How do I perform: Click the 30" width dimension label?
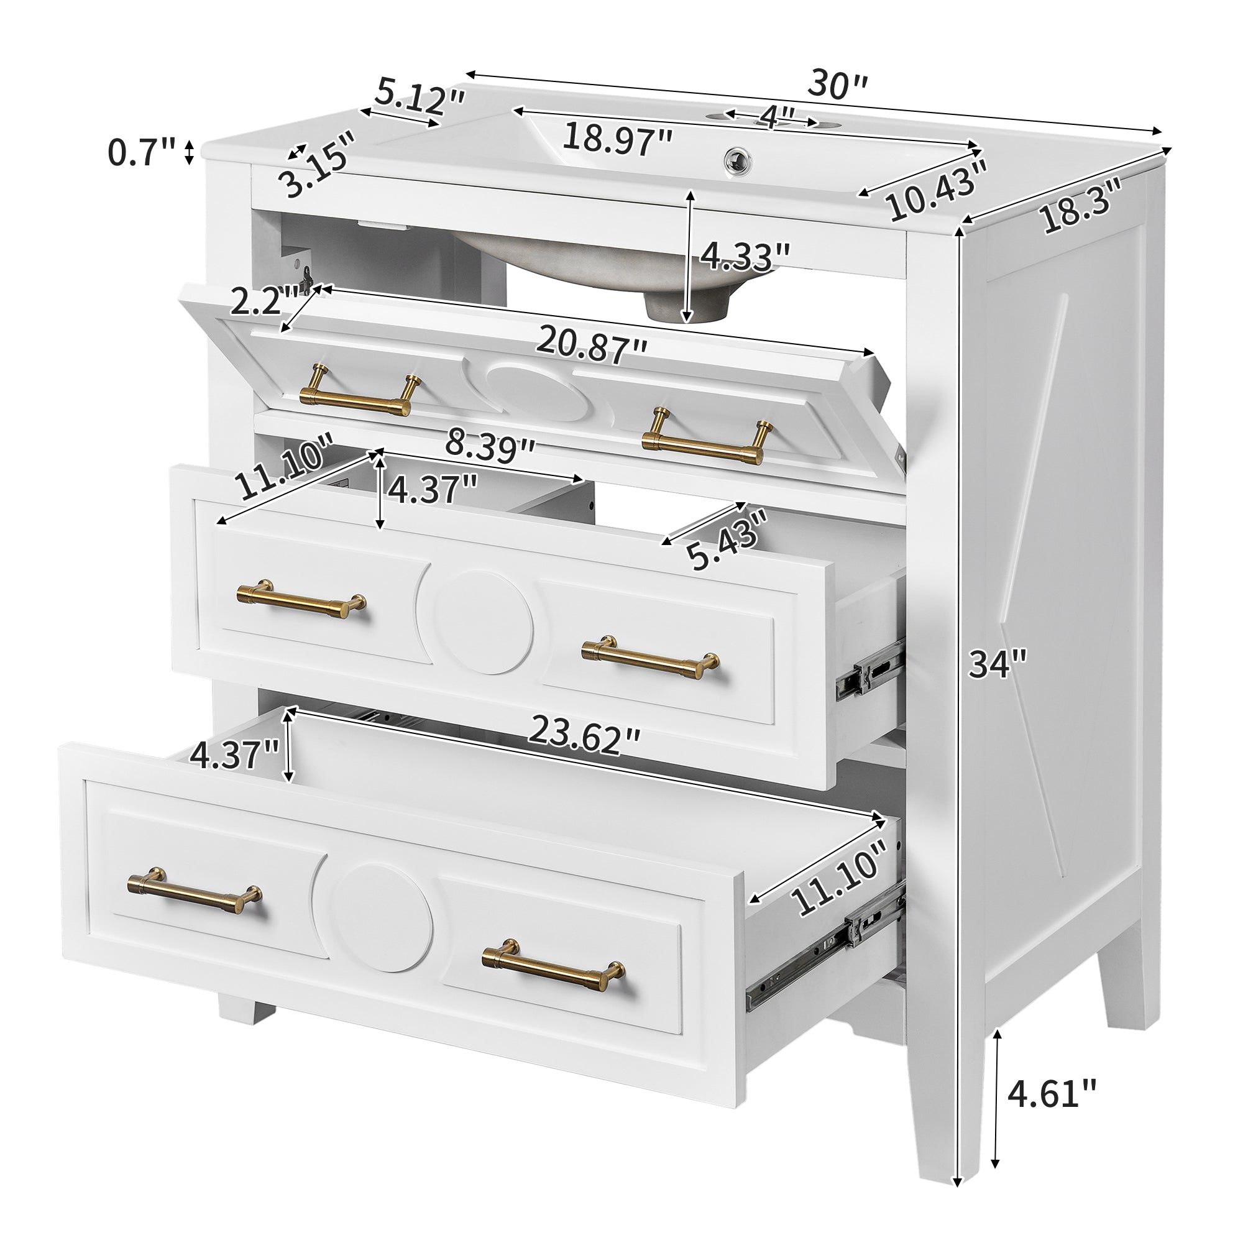click(x=838, y=85)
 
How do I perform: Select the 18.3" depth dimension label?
click(x=1081, y=205)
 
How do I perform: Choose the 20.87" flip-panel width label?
click(x=591, y=346)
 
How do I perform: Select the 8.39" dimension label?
click(x=491, y=446)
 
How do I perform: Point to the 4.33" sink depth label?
click(x=745, y=255)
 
